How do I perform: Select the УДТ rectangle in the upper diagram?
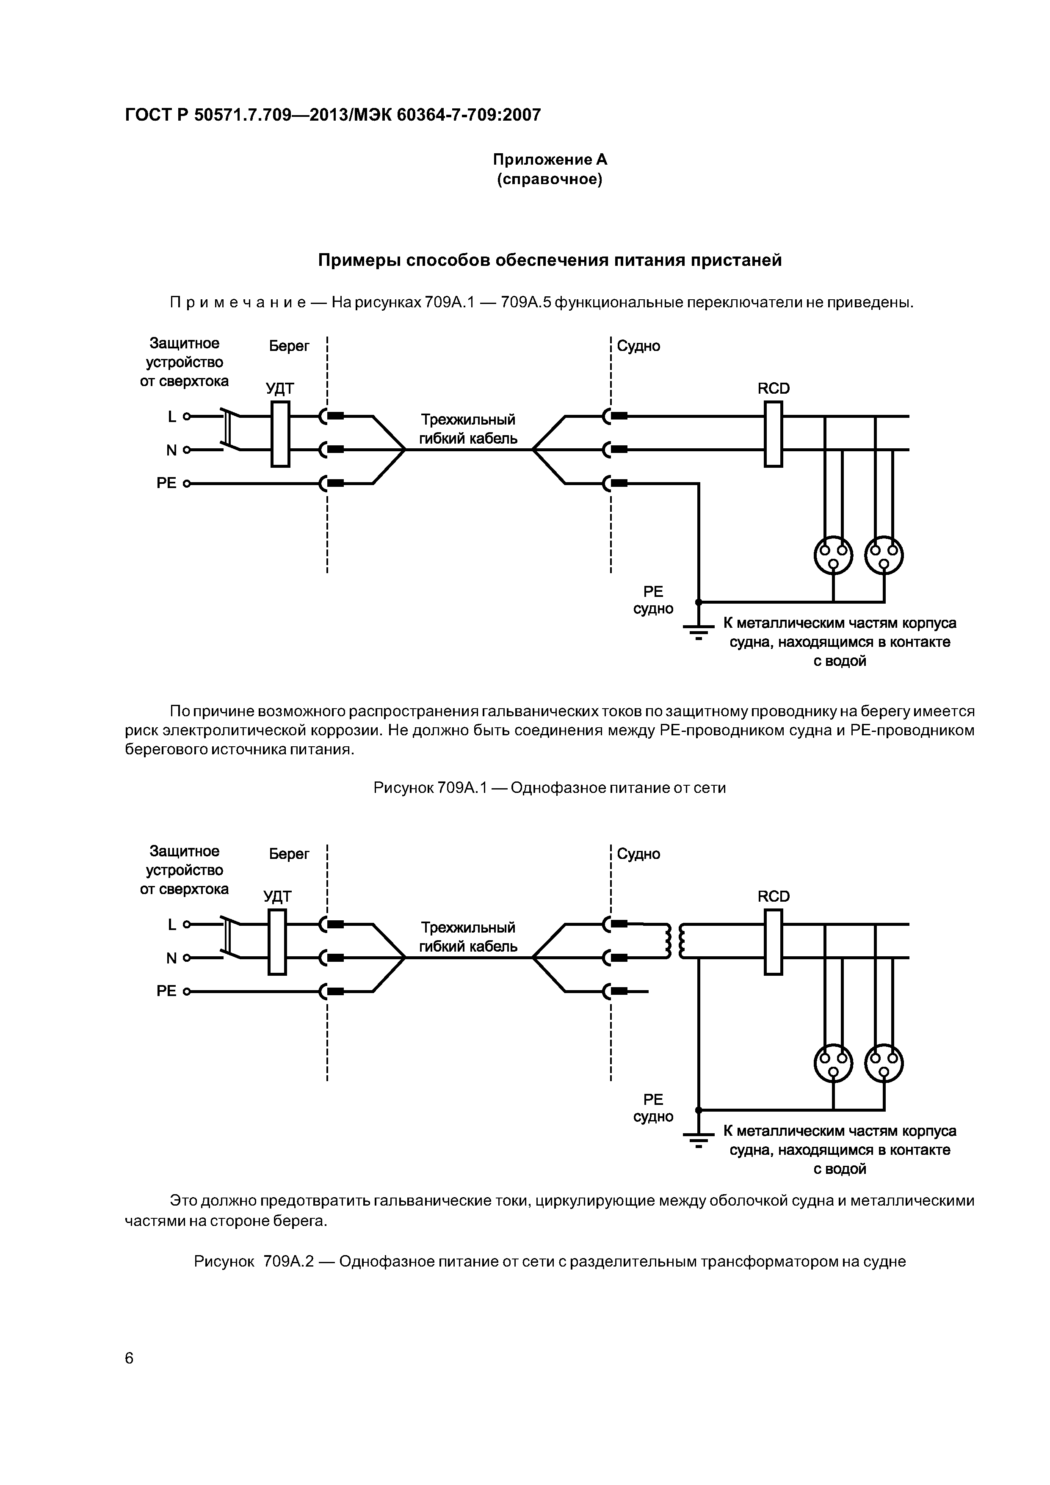click(280, 433)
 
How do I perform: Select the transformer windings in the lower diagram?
click(675, 941)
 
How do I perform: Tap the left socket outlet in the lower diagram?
click(833, 1063)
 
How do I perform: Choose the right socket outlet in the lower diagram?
click(884, 1063)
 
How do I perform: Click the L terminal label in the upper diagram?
click(171, 417)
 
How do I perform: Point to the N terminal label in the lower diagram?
click(171, 958)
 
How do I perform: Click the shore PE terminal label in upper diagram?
click(166, 483)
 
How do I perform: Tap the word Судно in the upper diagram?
click(638, 346)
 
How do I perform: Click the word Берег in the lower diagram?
click(289, 854)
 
